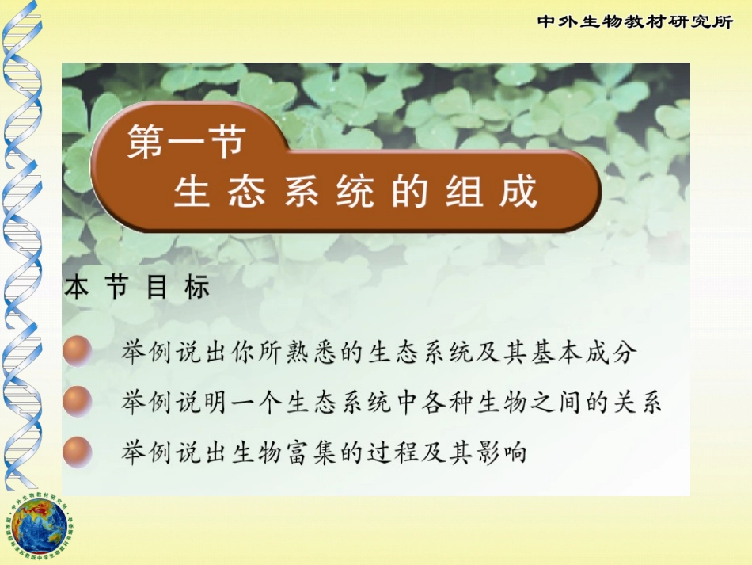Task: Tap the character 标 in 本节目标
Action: click(198, 288)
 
